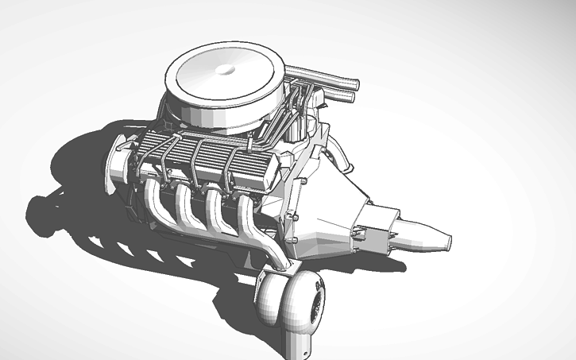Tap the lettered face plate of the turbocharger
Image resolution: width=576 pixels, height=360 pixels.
[x=315, y=302]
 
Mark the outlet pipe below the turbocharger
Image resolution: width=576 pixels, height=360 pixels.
[x=300, y=343]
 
